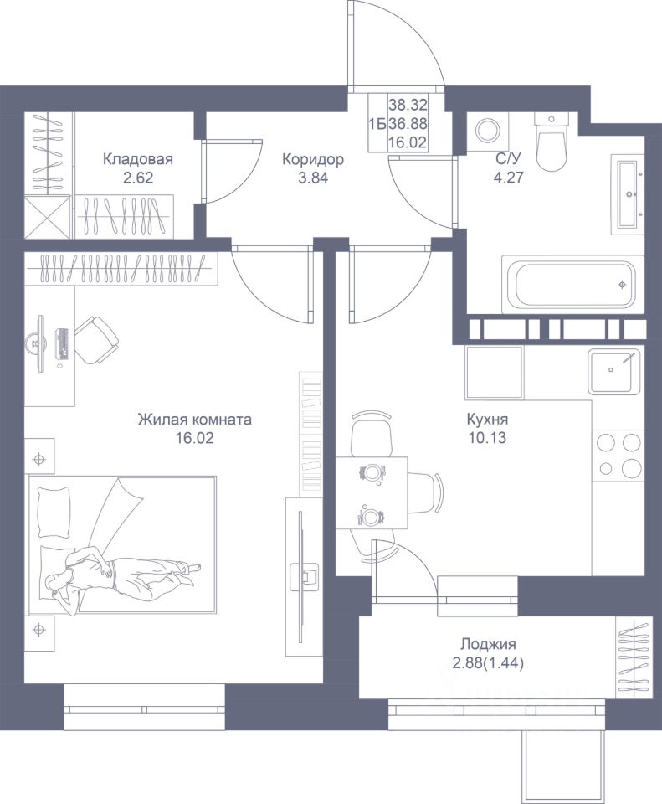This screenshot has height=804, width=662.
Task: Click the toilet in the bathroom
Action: click(552, 140)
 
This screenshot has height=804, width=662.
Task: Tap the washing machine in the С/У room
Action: click(487, 131)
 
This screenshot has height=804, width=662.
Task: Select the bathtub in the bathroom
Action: click(572, 284)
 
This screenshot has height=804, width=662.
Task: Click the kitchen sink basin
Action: click(613, 371)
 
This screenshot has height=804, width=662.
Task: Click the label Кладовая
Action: click(138, 159)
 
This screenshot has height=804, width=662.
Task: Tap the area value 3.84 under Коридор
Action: click(312, 178)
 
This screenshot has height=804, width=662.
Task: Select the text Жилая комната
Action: click(195, 420)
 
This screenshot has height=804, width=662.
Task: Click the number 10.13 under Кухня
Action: click(487, 438)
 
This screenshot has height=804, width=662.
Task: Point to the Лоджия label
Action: click(488, 644)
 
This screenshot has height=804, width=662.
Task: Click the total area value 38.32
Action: click(408, 106)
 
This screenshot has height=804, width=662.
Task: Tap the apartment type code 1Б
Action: click(377, 124)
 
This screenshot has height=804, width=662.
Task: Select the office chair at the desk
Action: click(97, 339)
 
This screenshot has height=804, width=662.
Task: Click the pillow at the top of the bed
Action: click(54, 512)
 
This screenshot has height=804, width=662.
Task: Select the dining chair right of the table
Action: click(426, 492)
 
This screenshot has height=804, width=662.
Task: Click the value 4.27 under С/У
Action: click(508, 178)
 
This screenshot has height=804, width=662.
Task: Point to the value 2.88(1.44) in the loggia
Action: click(488, 664)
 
